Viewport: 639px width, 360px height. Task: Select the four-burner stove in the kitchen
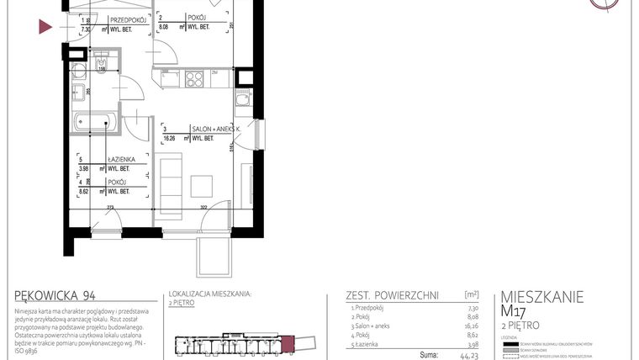[194, 79]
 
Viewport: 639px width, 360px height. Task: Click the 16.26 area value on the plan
[169, 137]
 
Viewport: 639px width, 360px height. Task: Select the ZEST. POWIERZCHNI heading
[391, 295]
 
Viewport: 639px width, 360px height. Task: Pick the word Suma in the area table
[427, 356]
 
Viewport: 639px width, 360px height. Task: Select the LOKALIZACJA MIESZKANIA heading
[209, 294]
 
